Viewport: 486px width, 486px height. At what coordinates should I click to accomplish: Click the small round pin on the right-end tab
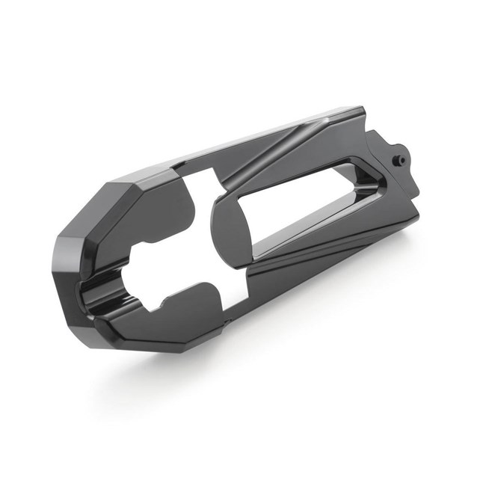pyautogui.click(x=399, y=159)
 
